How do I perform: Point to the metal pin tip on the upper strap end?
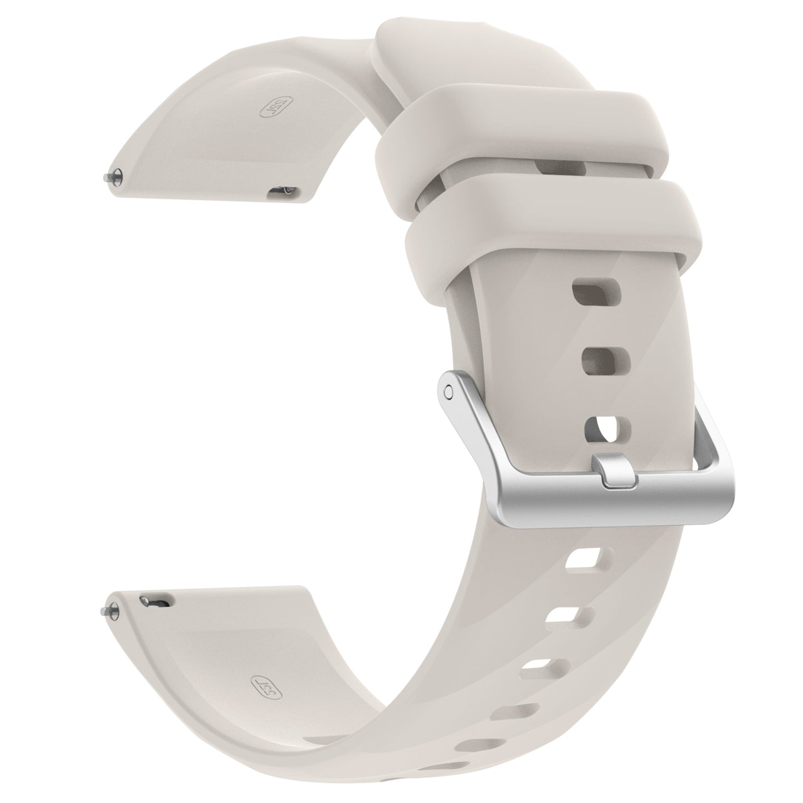pos(107,177)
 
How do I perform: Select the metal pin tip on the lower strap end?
pos(107,610)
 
